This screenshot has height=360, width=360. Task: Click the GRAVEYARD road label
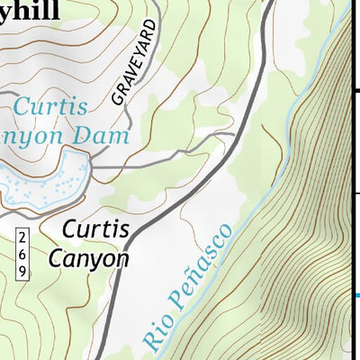coord(136,64)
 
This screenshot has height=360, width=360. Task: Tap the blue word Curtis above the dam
coord(51,107)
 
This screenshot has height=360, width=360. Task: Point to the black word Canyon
coord(88,259)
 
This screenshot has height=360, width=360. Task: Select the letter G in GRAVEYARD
coord(120,100)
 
